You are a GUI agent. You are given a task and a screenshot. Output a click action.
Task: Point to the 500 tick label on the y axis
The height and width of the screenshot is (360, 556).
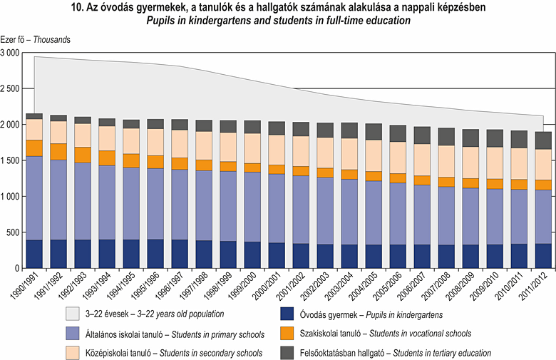pyautogui.click(x=14, y=232)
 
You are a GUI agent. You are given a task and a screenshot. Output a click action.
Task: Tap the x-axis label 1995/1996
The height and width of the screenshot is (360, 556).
pyautogui.click(x=157, y=286)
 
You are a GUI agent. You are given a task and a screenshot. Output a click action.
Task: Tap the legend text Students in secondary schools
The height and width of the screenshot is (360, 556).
pyautogui.click(x=213, y=352)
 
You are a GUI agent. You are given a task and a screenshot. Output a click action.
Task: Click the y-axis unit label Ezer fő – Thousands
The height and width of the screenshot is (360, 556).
pyautogui.click(x=35, y=40)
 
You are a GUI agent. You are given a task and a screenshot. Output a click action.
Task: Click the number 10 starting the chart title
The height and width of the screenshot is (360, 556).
pyautogui.click(x=77, y=8)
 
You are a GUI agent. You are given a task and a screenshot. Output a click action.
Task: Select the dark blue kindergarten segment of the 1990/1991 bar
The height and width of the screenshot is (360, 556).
pyautogui.click(x=34, y=254)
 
